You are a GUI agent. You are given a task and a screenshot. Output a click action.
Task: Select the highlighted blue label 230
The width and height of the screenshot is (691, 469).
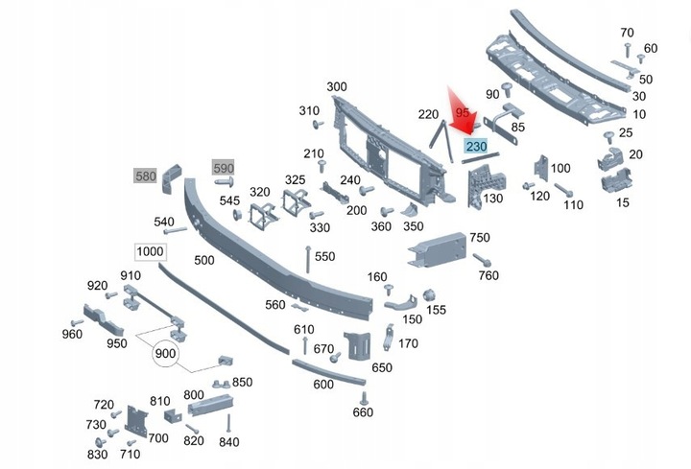(x=476, y=147)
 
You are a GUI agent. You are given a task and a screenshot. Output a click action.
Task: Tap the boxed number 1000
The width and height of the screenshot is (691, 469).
(x=150, y=251)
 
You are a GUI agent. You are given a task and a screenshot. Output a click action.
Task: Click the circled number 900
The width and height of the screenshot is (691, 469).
(x=166, y=353)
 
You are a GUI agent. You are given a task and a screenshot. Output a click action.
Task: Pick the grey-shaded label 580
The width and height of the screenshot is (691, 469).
(x=146, y=176)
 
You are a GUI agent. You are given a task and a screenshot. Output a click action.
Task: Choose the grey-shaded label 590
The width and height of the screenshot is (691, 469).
(x=223, y=169)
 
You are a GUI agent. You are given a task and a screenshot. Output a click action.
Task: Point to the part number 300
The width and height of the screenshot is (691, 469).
(x=336, y=87)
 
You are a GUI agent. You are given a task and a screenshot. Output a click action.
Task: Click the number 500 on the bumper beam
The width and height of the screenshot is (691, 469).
(x=204, y=259)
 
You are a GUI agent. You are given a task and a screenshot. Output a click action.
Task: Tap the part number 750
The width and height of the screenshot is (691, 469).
(x=479, y=238)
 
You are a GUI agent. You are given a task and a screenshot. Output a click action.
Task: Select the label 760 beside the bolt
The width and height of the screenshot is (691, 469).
(x=488, y=276)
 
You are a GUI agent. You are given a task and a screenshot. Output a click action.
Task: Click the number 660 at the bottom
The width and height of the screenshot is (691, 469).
(x=362, y=412)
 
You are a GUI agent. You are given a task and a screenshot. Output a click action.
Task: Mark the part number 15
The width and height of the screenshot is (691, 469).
(x=623, y=202)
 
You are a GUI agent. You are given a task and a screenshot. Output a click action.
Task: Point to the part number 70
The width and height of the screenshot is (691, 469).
(x=628, y=32)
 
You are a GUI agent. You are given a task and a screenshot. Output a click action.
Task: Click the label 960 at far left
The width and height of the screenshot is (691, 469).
(x=72, y=334)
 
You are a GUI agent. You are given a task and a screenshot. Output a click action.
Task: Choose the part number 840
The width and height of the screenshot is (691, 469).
(x=228, y=441)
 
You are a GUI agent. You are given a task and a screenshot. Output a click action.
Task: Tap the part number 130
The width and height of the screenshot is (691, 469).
(x=493, y=199)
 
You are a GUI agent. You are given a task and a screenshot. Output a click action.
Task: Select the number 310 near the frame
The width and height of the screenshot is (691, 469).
(x=308, y=111)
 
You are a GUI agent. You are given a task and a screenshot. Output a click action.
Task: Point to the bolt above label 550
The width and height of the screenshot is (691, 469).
(x=307, y=251)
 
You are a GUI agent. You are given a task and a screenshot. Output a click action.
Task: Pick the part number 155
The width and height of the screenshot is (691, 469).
(x=436, y=310)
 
